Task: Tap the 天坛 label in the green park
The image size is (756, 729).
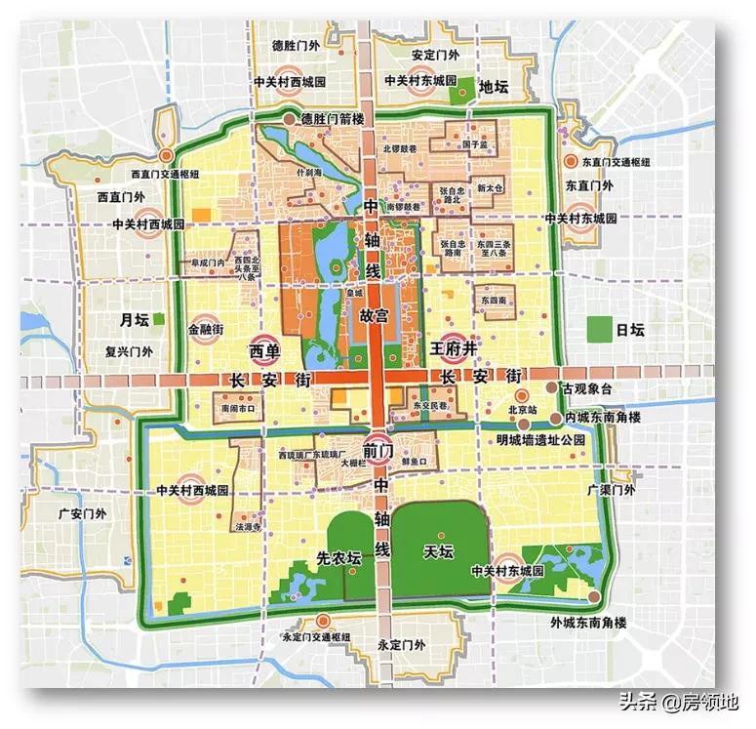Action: pyautogui.click(x=439, y=551)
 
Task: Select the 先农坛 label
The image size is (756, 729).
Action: pyautogui.click(x=338, y=559)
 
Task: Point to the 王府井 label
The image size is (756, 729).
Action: pyautogui.click(x=458, y=346)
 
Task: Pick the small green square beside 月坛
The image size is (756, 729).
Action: pyautogui.click(x=158, y=318)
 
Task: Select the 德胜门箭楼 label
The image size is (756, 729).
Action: pyautogui.click(x=332, y=119)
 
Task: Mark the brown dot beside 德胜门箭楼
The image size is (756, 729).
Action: pyautogui.click(x=290, y=119)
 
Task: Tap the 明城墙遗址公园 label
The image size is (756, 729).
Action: pyautogui.click(x=551, y=439)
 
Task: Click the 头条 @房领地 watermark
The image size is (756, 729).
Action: pyautogui.click(x=679, y=700)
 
